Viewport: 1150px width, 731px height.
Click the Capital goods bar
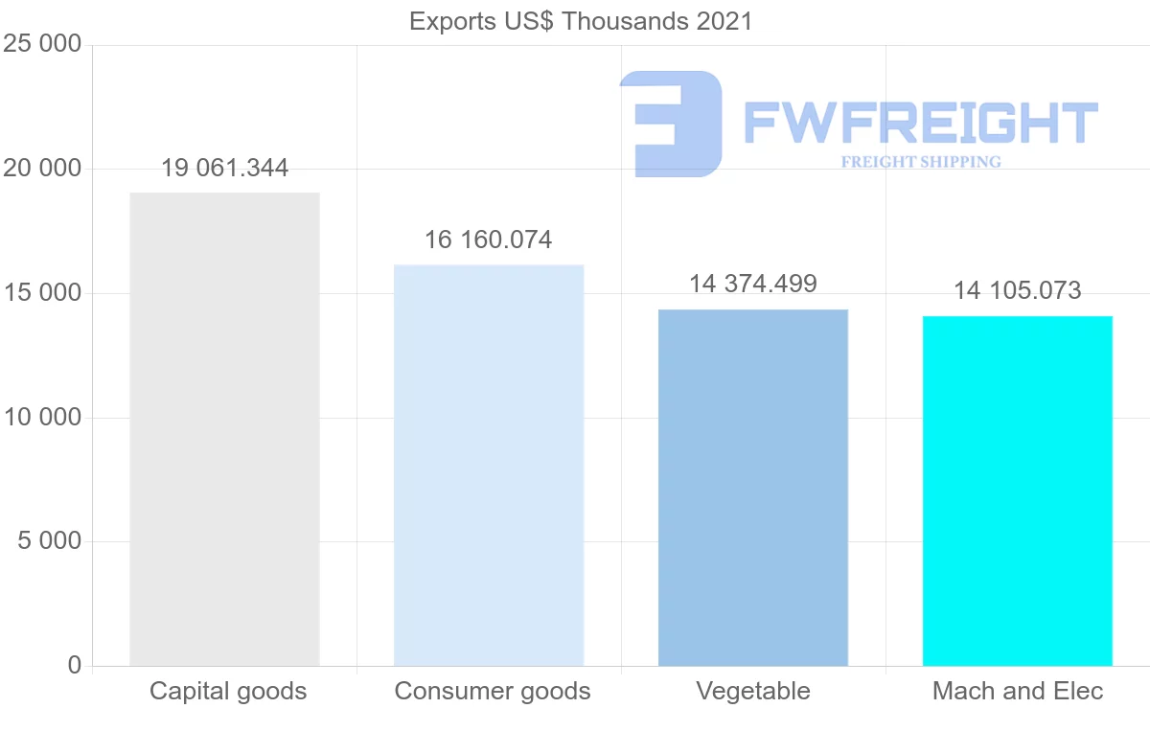(x=224, y=428)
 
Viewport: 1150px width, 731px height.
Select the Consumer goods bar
(x=489, y=465)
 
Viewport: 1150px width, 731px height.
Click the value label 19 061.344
(x=224, y=169)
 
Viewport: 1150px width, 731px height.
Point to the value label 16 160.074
(x=489, y=240)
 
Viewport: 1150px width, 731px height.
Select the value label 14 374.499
(x=753, y=284)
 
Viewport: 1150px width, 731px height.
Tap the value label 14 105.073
(x=1018, y=290)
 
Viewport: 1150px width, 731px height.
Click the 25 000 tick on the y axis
(x=42, y=45)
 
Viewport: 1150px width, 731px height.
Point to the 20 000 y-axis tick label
(x=42, y=170)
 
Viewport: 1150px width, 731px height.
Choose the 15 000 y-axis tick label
(x=42, y=293)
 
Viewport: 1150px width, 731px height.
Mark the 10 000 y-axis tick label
(x=42, y=418)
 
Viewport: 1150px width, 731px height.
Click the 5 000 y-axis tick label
(x=50, y=541)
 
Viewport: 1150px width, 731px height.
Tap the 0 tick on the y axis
(x=75, y=666)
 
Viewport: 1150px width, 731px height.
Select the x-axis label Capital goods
(x=228, y=691)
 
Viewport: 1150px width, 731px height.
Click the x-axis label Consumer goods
(x=493, y=691)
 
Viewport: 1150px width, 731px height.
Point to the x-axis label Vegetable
(x=753, y=691)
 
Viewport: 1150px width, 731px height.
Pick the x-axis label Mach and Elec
(x=1018, y=691)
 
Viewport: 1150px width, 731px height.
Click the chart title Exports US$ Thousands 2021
(x=581, y=21)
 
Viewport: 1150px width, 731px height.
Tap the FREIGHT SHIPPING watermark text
(x=921, y=162)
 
